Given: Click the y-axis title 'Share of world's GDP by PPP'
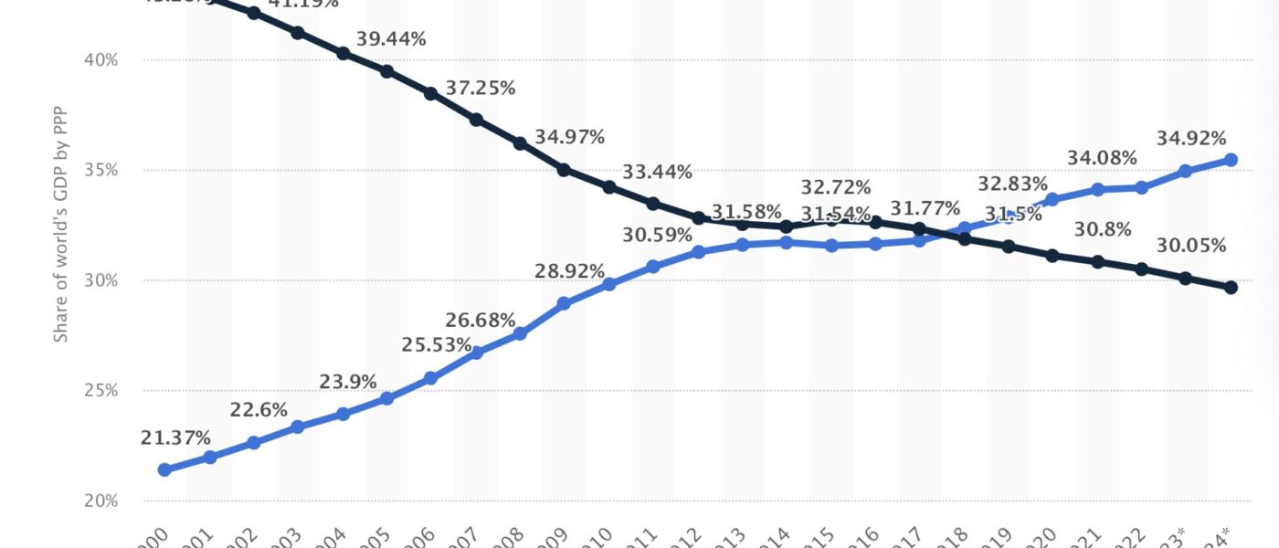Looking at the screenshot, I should pyautogui.click(x=60, y=236).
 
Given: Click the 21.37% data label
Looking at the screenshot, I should pyautogui.click(x=175, y=438).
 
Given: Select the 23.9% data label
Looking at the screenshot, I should pyautogui.click(x=348, y=383).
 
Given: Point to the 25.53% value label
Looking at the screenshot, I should pyautogui.click(x=437, y=346).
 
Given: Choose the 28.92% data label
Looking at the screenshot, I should pyautogui.click(x=570, y=271).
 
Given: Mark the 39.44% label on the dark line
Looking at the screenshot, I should pyautogui.click(x=392, y=39).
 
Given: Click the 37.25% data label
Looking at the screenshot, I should pyautogui.click(x=481, y=89).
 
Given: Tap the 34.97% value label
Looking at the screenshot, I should pyautogui.click(x=570, y=138).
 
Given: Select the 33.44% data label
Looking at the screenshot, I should pyautogui.click(x=658, y=172).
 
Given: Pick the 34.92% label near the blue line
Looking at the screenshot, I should pyautogui.click(x=1191, y=140).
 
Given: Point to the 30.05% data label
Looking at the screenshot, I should pyautogui.click(x=1191, y=246).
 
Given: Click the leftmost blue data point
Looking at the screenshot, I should pyautogui.click(x=165, y=470).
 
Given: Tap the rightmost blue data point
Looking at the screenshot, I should pyautogui.click(x=1231, y=160).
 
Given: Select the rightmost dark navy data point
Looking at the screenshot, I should pyautogui.click(x=1231, y=288).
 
